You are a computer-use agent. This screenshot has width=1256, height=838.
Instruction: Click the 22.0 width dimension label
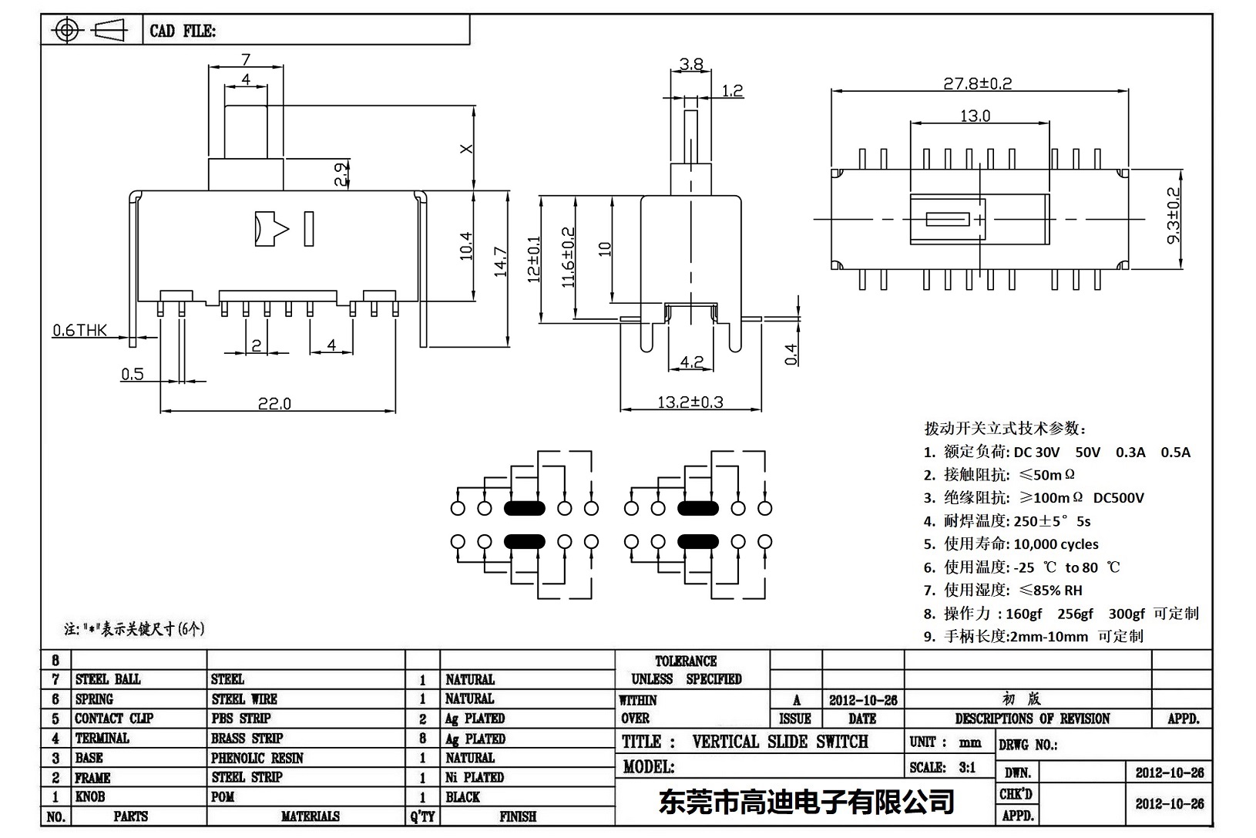pos(274,403)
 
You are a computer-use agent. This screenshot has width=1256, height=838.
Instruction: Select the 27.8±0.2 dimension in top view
pos(977,83)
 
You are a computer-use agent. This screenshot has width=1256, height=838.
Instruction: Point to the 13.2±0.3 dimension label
pos(690,402)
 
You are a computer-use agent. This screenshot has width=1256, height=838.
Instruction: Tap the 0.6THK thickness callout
pos(79,331)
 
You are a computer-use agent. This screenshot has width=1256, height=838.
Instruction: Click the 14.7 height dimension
pos(501,262)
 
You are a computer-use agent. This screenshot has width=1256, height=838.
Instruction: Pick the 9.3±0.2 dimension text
pos(1174,215)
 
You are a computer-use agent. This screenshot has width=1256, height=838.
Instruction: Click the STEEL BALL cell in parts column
pos(108,679)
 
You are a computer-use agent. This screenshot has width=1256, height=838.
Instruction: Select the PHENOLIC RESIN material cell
pos(257,758)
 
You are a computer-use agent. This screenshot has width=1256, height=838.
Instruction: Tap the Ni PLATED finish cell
pos(474,777)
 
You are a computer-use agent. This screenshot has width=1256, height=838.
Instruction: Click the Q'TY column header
pos(422,816)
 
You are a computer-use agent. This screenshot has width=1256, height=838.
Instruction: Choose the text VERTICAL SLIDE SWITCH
pos(780,742)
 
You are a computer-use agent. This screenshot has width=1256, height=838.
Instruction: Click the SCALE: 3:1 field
pos(942,767)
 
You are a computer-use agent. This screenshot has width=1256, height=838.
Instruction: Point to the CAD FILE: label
pos(183,31)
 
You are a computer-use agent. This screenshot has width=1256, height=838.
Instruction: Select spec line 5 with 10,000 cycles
pos(1011,544)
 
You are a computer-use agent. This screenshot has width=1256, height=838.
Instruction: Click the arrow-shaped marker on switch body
pos(270,229)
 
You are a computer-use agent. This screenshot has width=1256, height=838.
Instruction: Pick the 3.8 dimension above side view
pos(691,65)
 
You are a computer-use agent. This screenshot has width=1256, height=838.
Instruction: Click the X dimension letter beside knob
pos(465,149)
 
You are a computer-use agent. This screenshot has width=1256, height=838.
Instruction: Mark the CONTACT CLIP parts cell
pos(114,719)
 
